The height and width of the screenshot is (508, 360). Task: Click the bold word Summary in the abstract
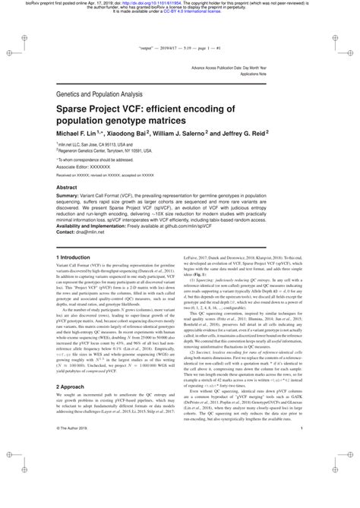(70, 195)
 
